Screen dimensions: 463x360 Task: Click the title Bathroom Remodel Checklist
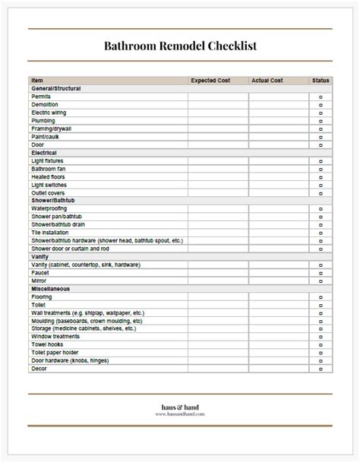[x=180, y=46]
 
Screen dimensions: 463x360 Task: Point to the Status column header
[x=321, y=80]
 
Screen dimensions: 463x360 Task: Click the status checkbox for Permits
[x=321, y=97]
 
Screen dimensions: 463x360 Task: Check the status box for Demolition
[x=321, y=105]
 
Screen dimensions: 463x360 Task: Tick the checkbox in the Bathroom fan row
[x=321, y=169]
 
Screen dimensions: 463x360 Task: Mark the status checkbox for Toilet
[x=321, y=305]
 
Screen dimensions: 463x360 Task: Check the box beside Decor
[x=321, y=369]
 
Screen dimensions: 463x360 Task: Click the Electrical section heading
[x=45, y=153]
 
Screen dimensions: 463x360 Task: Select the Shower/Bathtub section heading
[x=52, y=200]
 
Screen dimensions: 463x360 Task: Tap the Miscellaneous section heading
[x=52, y=288]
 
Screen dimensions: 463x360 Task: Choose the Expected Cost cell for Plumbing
[x=218, y=121]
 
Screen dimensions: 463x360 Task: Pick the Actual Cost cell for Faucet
[x=279, y=272]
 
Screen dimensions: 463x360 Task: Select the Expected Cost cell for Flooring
[x=218, y=297]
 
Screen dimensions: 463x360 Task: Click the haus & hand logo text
[x=179, y=407]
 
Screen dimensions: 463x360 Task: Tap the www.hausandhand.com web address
[x=179, y=415]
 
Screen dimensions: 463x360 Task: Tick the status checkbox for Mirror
[x=321, y=280]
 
